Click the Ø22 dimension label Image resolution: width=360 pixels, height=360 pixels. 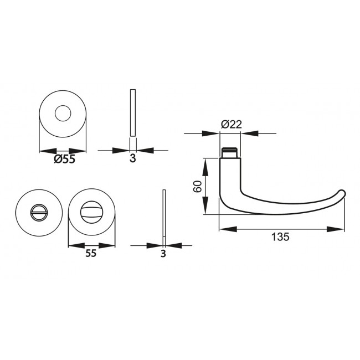(231, 125)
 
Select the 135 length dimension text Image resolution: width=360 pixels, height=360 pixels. (280, 237)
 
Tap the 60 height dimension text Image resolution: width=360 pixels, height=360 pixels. (197, 186)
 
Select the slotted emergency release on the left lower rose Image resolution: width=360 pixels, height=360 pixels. (37, 212)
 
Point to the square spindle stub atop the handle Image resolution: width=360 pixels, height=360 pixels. (230, 152)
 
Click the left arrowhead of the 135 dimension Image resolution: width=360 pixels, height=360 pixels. (225, 228)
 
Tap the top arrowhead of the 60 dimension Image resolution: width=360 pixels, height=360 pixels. (206, 163)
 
